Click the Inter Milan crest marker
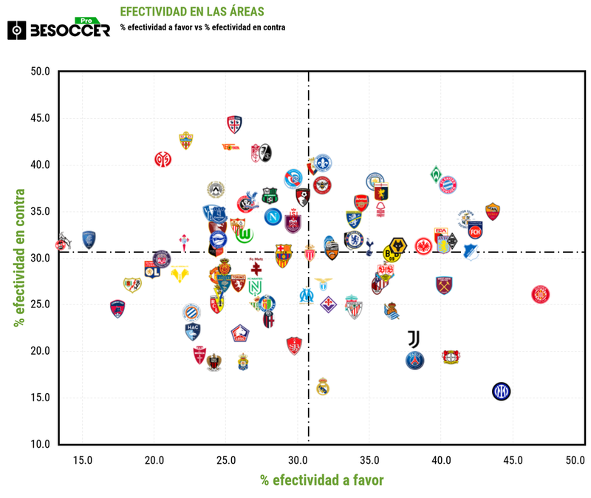502,391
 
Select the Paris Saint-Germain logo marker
415,361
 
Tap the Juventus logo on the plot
414,339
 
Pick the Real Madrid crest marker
322,386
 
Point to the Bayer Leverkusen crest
450,357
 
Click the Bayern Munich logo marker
448,185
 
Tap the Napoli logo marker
273,217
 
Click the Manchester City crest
375,181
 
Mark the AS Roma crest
493,211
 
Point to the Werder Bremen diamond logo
437,174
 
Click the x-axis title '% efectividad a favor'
321,480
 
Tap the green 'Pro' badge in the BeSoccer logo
88,21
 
